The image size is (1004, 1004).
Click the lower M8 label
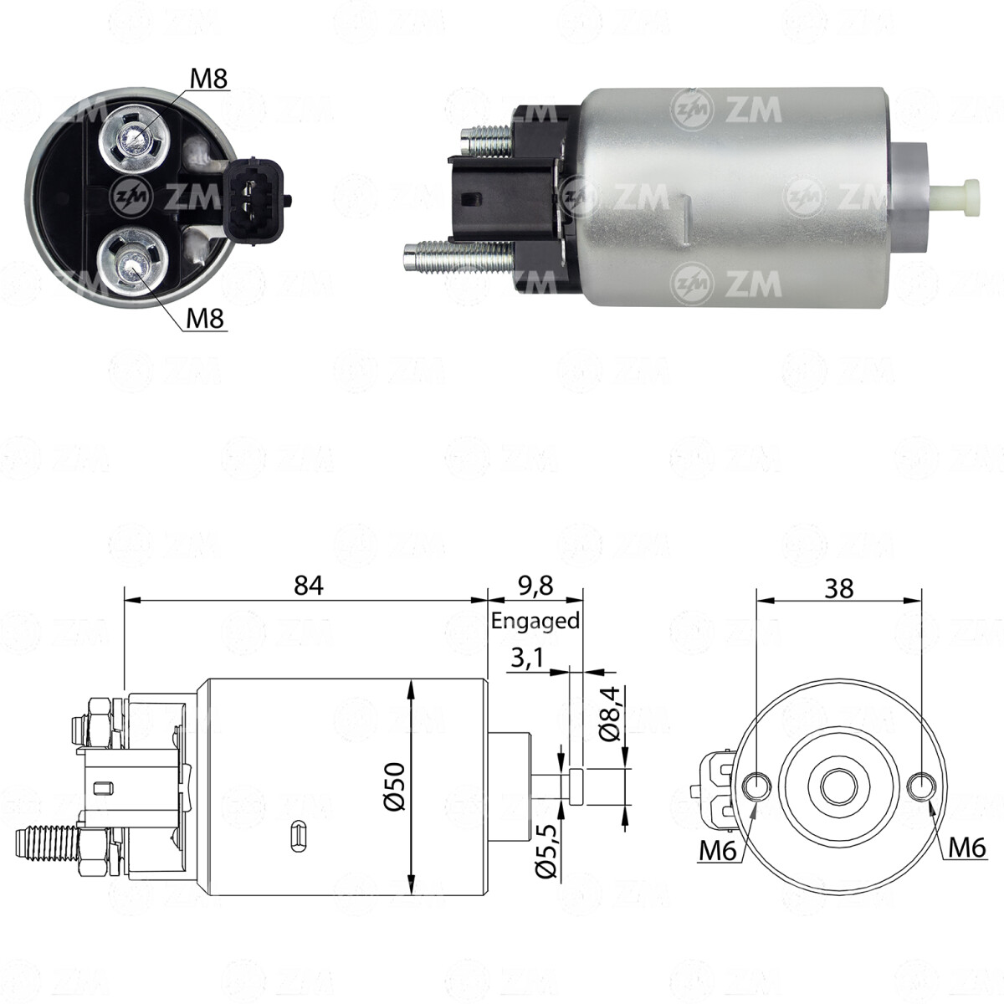coord(206,318)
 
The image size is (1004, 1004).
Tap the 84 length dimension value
coord(309,585)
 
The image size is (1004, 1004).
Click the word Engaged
coord(535,622)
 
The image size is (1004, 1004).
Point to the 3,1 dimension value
coord(527,658)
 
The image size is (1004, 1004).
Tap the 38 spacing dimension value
coord(839,588)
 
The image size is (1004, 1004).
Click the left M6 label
coord(716,852)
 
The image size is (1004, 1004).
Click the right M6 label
coord(967,848)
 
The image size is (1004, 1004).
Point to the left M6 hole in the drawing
coord(757,785)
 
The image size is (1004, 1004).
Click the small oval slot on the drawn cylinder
coord(298,835)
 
